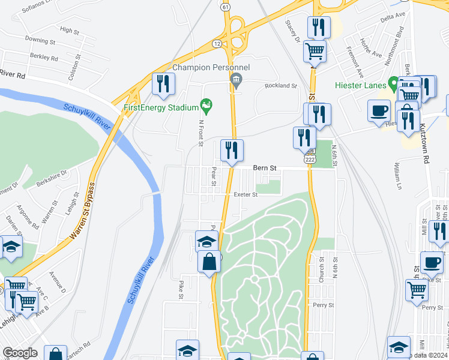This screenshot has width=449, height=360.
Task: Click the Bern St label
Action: point(264,169)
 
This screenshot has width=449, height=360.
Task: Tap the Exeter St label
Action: point(246,194)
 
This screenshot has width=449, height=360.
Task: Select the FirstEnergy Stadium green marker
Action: point(206,107)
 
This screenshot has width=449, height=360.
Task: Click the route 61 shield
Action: point(225,7)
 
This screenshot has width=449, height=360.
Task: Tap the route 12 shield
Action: point(216,44)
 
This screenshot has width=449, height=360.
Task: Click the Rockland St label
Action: point(281,86)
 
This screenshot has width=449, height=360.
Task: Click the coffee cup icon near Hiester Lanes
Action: point(378,110)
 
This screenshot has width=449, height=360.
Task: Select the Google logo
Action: point(20,353)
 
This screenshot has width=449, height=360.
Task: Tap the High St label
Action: point(70,30)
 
